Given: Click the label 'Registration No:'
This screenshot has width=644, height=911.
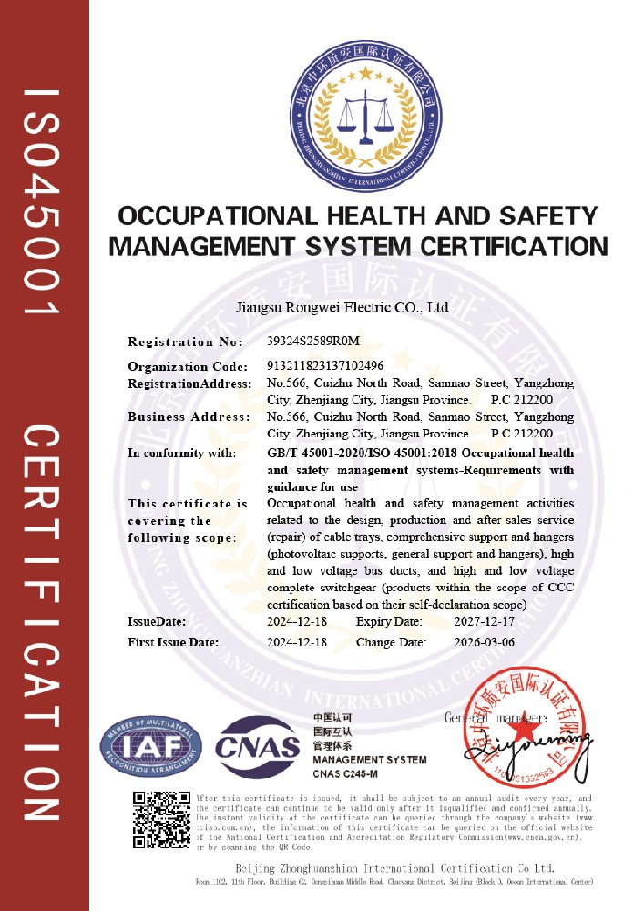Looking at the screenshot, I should click(x=186, y=343).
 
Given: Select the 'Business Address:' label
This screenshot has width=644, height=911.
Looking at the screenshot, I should click(x=189, y=417).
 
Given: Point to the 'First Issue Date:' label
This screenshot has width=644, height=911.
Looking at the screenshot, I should click(x=173, y=642).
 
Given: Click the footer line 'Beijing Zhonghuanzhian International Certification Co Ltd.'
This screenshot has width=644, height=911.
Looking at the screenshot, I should click(x=394, y=867).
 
